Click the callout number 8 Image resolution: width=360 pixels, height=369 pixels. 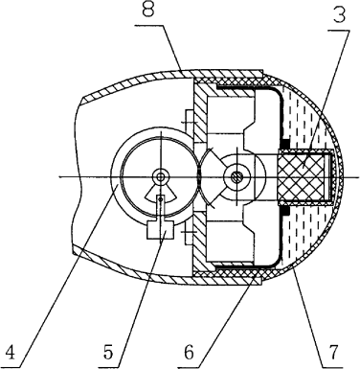click(x=148, y=10)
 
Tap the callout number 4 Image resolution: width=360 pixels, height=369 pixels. click(x=11, y=353)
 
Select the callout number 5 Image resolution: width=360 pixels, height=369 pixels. click(x=108, y=353)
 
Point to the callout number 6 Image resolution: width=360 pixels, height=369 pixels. click(x=189, y=353)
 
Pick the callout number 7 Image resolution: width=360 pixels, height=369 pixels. click(x=332, y=353)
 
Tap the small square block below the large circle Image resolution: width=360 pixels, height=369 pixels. click(x=160, y=230)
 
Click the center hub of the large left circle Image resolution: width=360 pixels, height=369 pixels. click(x=161, y=176)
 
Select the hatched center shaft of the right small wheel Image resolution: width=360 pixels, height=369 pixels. click(x=236, y=176)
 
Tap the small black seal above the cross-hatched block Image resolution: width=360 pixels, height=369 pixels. click(x=284, y=143)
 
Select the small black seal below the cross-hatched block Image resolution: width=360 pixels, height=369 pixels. click(x=284, y=211)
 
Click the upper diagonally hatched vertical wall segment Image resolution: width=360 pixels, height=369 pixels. click(x=199, y=112)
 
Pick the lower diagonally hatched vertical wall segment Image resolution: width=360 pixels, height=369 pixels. click(x=199, y=242)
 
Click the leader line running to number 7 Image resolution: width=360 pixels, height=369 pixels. click(x=308, y=317)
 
